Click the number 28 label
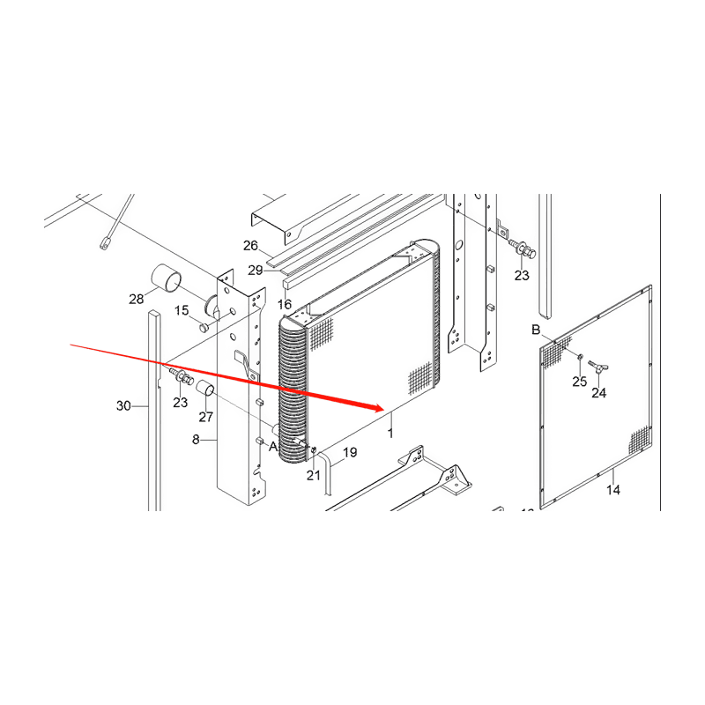(x=136, y=299)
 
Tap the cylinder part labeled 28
(x=167, y=278)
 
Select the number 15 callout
(x=182, y=310)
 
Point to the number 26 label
(x=251, y=245)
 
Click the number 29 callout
(x=255, y=270)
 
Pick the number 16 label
(x=285, y=304)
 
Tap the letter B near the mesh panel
(x=536, y=330)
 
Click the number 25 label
(x=579, y=382)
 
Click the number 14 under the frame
(x=613, y=489)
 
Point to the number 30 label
(x=124, y=406)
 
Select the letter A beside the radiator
(x=273, y=447)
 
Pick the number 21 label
(x=314, y=476)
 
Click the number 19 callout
(x=350, y=453)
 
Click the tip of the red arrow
(x=383, y=409)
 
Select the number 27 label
(x=207, y=418)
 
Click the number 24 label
(x=598, y=393)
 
